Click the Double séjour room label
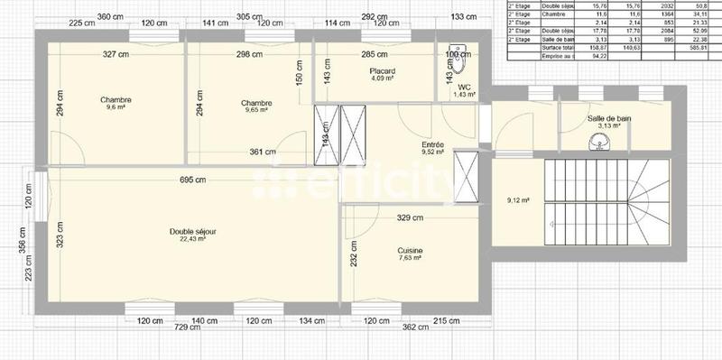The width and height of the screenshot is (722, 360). coord(192,232)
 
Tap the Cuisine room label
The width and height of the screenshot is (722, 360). coord(411,251)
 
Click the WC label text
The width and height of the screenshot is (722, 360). coord(465,87)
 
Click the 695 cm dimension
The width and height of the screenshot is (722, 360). coord(192,180)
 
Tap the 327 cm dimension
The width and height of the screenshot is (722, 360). coord(116,54)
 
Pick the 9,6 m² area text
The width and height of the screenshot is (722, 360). coord(117,108)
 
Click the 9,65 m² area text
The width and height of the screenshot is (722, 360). coord(255,111)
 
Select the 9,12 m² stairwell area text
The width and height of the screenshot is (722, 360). coord(518,200)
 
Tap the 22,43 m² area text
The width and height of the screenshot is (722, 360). coord(192,240)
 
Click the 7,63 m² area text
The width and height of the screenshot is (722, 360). coord(411,259)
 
